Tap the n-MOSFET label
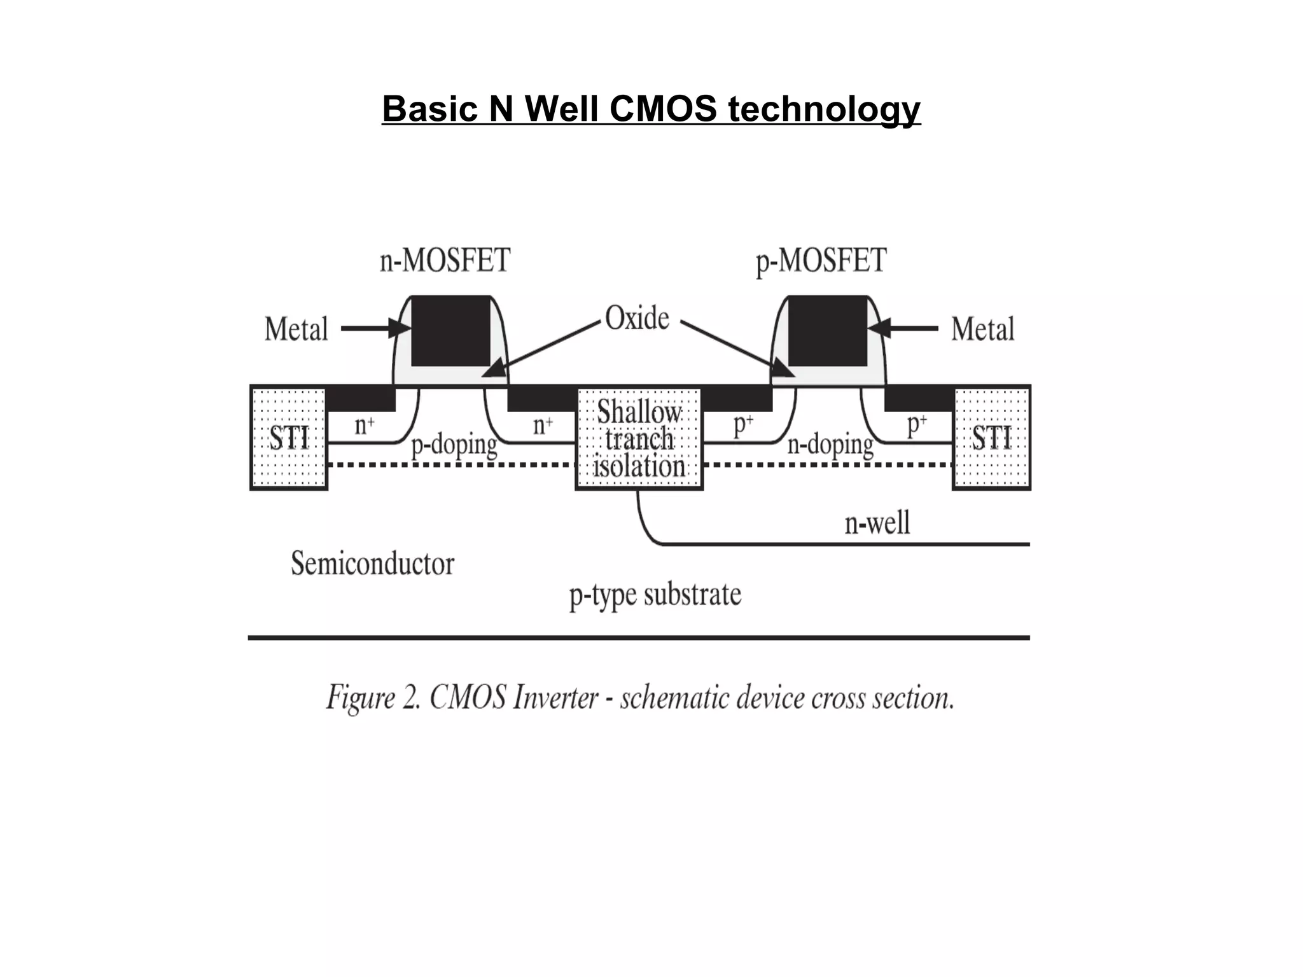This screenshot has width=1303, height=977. [x=445, y=261]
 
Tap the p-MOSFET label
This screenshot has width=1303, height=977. [x=821, y=261]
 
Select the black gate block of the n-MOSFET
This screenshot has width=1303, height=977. [x=450, y=331]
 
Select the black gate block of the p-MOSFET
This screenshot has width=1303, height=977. [x=827, y=331]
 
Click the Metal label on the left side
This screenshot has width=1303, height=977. [x=296, y=329]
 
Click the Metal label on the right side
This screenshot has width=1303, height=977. [x=982, y=329]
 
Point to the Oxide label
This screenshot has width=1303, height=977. [x=637, y=318]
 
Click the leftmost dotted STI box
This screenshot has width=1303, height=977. [x=289, y=438]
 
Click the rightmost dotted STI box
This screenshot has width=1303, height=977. [x=991, y=438]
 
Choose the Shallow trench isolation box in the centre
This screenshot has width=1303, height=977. [x=639, y=439]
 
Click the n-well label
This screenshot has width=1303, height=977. [x=877, y=523]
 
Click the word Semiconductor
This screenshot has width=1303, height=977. [x=372, y=564]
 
